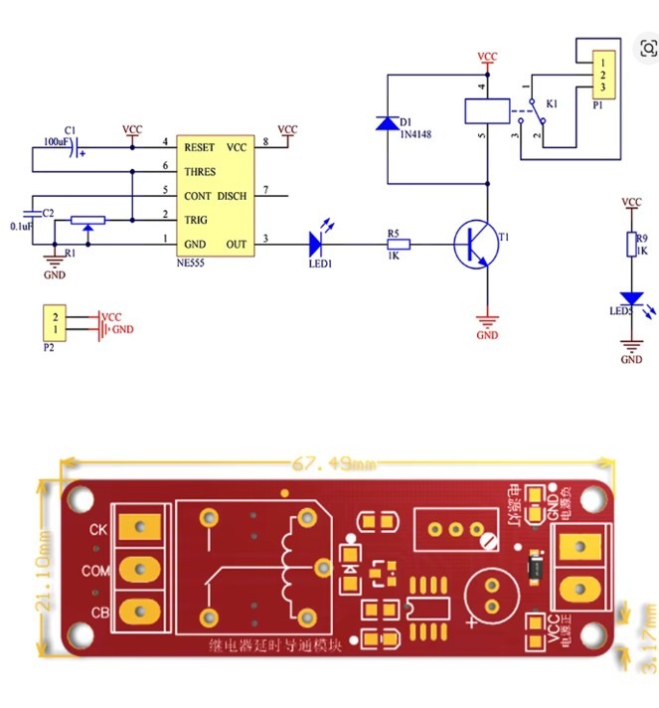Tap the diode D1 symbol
[388, 123]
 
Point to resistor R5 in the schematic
[400, 242]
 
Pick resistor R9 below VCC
[631, 244]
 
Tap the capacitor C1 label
[69, 129]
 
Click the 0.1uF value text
[21, 227]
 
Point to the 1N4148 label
[415, 132]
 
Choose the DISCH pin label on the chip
[232, 196]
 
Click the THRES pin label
[199, 171]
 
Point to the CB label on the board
[98, 610]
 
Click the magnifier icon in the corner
[648, 48]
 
